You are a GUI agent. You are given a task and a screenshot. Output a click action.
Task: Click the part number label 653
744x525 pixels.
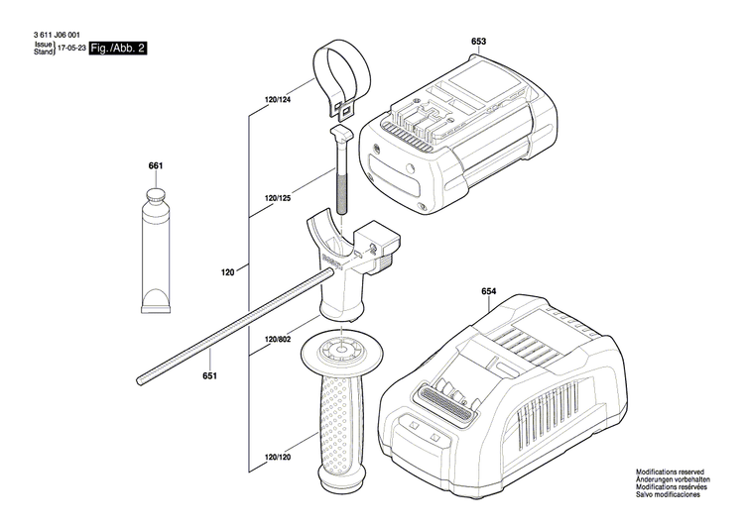point(478,42)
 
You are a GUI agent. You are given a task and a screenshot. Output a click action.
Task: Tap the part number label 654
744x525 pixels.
point(488,292)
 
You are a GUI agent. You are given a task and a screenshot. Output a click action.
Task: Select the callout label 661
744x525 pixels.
point(156,165)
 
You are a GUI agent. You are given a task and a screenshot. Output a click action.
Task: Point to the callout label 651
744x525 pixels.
point(209,375)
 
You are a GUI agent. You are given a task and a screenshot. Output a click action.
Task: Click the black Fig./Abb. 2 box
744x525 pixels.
point(117,48)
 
